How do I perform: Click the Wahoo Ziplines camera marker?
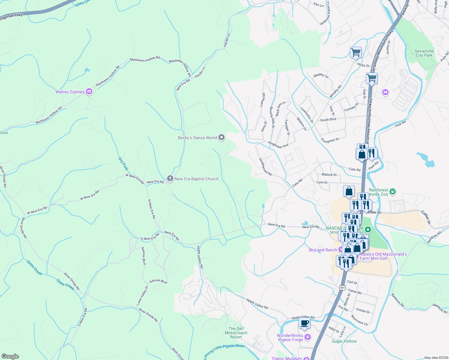tap(89, 91)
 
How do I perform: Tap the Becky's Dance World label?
tap(197, 138)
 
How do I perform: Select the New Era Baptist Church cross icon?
tap(170, 179)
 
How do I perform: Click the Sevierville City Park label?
tap(424, 53)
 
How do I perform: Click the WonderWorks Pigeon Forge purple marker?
tap(307, 337)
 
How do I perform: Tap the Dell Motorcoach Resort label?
tap(236, 333)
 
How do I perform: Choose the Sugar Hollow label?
tap(344, 341)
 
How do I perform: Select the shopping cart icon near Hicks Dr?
tap(356, 52)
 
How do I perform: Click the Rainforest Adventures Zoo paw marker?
tap(392, 191)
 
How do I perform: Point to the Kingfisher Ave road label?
tap(278, 145)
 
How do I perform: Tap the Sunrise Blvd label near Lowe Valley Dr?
tap(158, 281)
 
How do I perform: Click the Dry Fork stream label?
tap(123, 164)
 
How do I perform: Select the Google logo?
tap(10, 356)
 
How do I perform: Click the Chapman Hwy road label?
tap(11, 17)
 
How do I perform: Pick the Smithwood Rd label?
tap(265, 167)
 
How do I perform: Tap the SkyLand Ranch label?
tap(323, 250)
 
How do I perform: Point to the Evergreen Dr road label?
tap(330, 140)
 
